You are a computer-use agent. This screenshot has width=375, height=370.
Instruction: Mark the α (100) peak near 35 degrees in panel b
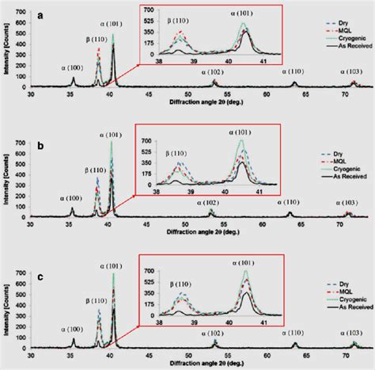pos(73,209)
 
